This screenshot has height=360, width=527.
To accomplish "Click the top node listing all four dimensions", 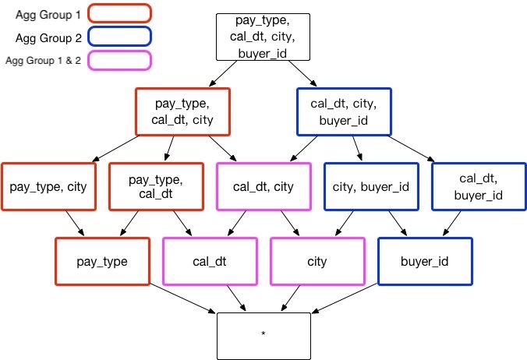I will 263,37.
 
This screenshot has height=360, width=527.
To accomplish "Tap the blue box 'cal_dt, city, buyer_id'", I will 344,111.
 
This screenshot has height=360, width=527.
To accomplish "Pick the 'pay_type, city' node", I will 48,187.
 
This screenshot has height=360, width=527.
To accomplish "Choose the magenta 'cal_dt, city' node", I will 263,187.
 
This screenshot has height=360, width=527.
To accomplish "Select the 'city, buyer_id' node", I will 371,187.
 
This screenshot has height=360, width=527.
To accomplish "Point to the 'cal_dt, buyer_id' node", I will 478,187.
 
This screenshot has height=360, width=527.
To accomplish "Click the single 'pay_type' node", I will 102,262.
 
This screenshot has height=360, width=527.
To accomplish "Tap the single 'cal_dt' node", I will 210,262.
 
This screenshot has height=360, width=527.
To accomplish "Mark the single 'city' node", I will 317,262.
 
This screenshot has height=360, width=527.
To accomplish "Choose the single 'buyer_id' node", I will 424,262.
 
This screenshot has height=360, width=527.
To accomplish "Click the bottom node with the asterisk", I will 263,335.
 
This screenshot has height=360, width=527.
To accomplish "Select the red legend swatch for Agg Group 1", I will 119,13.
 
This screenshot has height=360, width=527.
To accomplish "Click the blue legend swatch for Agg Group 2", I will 119,37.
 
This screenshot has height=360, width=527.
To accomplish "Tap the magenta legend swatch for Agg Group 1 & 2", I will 119,60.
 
